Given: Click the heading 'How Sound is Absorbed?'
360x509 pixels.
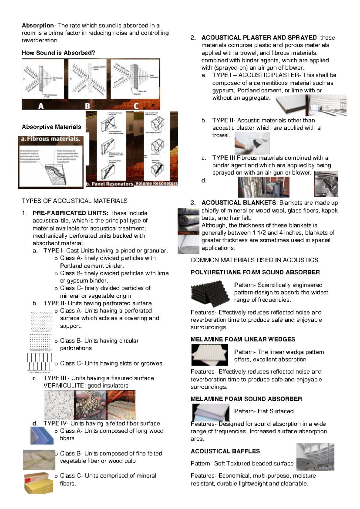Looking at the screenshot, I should click(58, 53).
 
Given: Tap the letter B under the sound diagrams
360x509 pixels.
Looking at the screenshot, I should click(87, 106).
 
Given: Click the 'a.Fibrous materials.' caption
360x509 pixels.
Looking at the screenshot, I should click(51, 139).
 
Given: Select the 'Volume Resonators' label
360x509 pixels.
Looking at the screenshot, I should click(156, 183).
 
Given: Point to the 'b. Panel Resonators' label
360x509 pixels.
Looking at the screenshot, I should click(109, 184).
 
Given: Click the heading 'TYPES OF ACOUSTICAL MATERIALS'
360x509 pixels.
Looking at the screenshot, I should click(74, 201).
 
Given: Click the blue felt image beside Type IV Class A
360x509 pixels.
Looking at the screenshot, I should click(42, 435).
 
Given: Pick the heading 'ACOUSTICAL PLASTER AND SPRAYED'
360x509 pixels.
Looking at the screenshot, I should click(259, 38).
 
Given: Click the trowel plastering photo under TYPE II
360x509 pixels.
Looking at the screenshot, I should click(252, 143).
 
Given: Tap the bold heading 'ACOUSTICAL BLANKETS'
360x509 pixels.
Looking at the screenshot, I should click(238, 203).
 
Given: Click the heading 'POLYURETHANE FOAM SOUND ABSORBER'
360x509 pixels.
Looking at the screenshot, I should click(255, 273).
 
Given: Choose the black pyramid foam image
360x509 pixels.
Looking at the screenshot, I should click(210, 293).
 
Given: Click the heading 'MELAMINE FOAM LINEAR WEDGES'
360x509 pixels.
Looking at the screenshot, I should click(243, 339).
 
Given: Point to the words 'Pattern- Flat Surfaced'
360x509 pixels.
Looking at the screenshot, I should click(264, 411).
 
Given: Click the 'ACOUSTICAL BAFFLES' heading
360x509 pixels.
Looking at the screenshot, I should click(225, 451).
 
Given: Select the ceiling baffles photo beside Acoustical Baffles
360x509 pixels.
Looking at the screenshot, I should click(315, 456).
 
